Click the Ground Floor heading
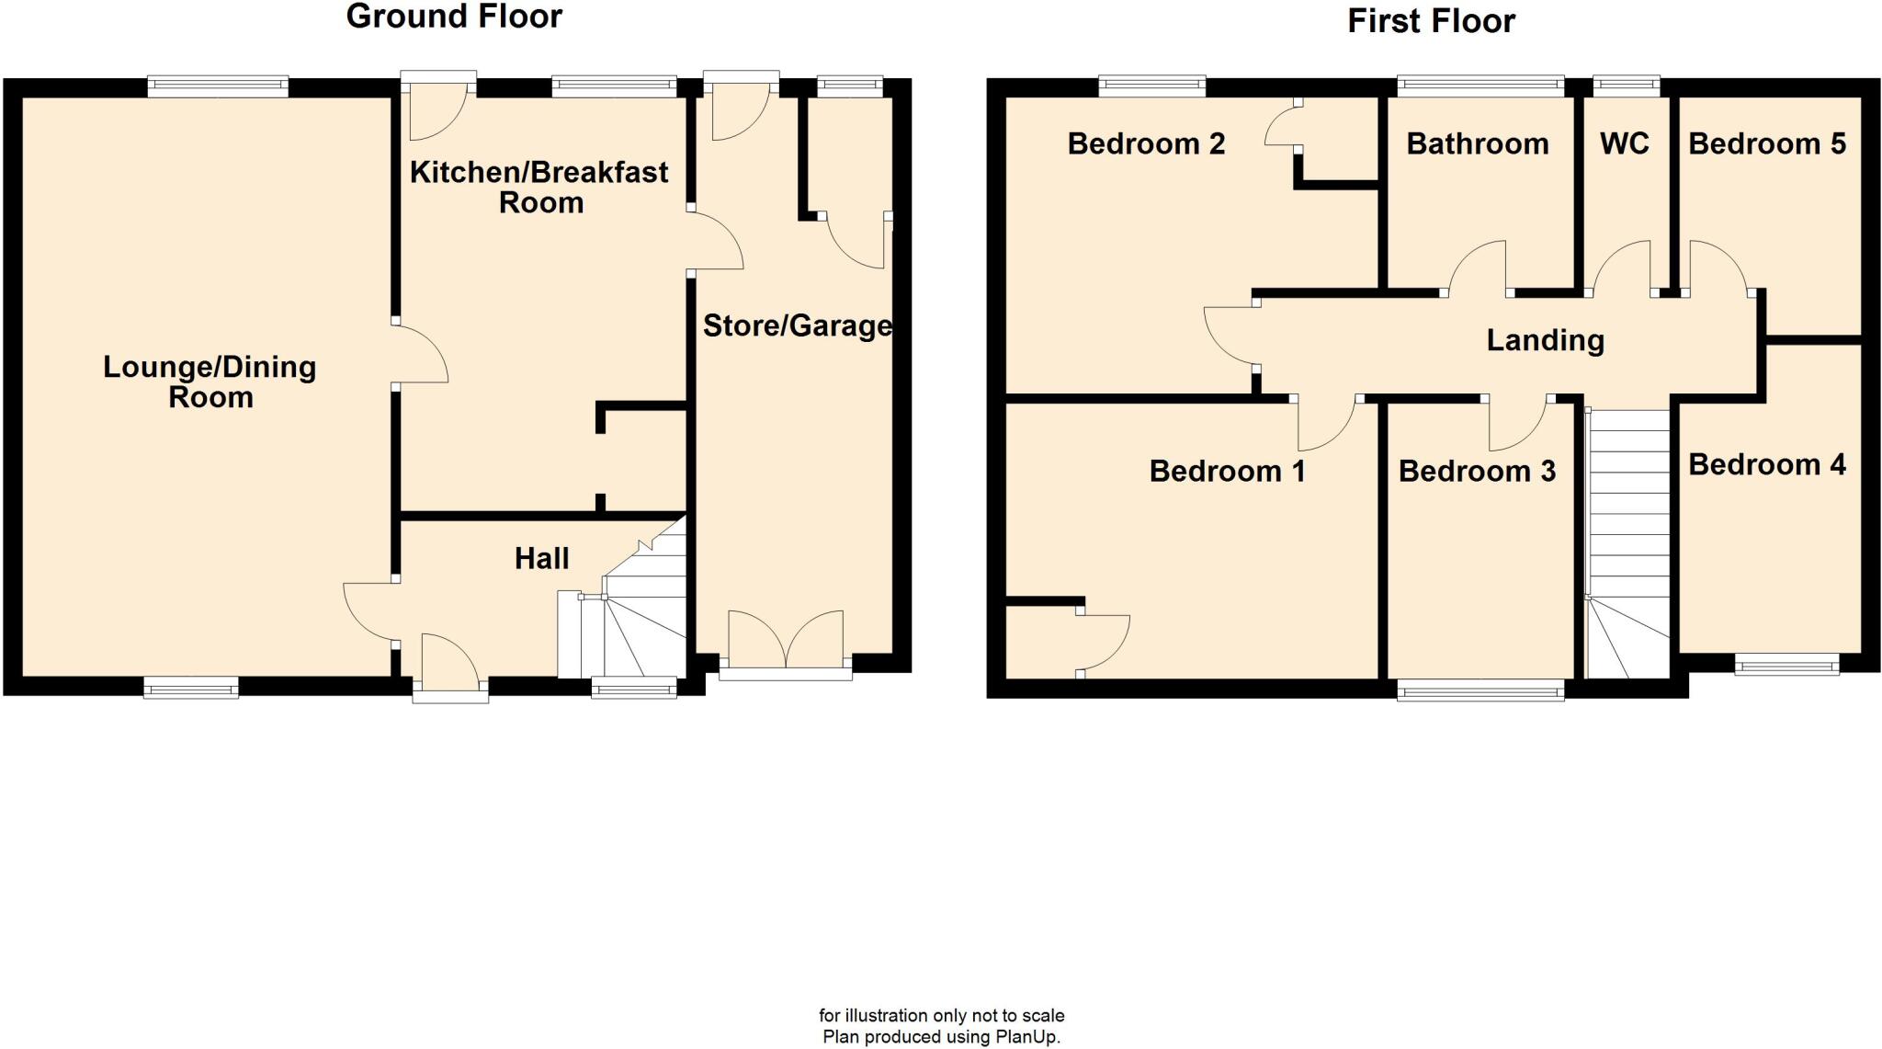(x=454, y=17)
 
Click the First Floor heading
(x=1431, y=21)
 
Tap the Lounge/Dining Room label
(x=210, y=382)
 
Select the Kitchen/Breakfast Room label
(x=539, y=187)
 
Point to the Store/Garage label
(x=797, y=325)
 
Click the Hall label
(x=541, y=558)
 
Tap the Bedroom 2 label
(x=1146, y=143)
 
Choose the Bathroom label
(x=1477, y=143)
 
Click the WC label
(x=1624, y=143)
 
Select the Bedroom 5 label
(x=1766, y=143)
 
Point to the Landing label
(x=1545, y=340)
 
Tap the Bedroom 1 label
(x=1227, y=471)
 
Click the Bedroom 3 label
(x=1477, y=471)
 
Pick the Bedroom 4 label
(x=1766, y=464)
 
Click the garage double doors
(x=786, y=640)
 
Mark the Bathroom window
(x=1480, y=86)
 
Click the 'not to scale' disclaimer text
(x=941, y=1016)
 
